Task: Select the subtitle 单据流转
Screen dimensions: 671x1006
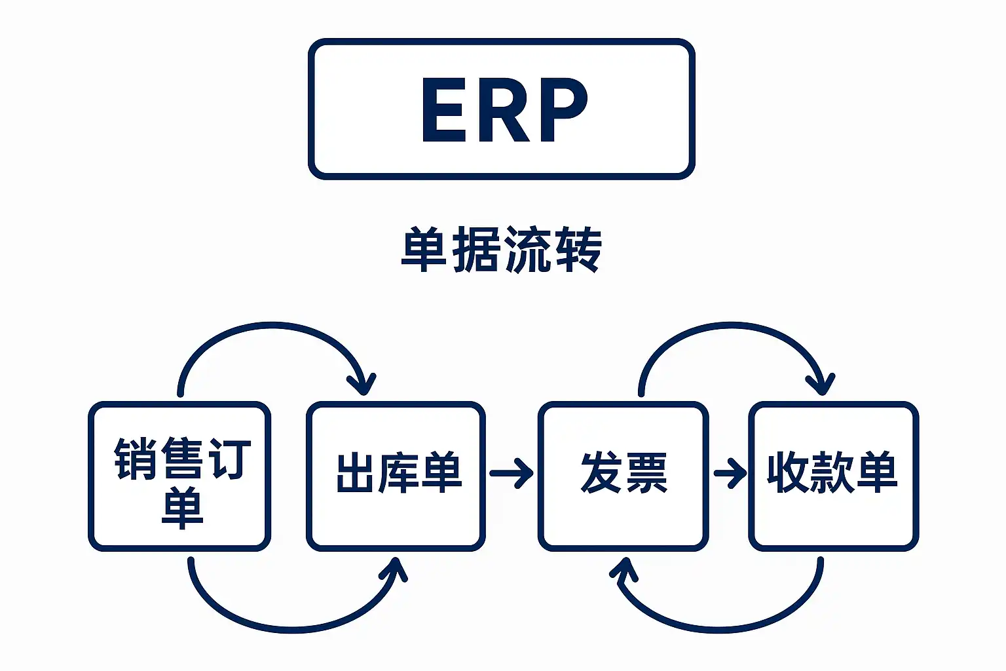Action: point(501,250)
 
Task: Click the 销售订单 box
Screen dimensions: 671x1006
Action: point(179,476)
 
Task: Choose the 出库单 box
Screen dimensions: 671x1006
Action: point(396,476)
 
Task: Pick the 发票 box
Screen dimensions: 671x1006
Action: point(623,476)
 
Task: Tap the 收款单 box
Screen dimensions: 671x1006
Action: point(833,476)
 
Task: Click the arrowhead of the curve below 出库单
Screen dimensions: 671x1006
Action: point(394,568)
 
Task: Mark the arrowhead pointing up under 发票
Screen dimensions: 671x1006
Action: point(625,568)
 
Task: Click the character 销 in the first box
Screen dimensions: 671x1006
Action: point(134,459)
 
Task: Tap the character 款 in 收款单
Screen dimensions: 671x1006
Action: point(832,472)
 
